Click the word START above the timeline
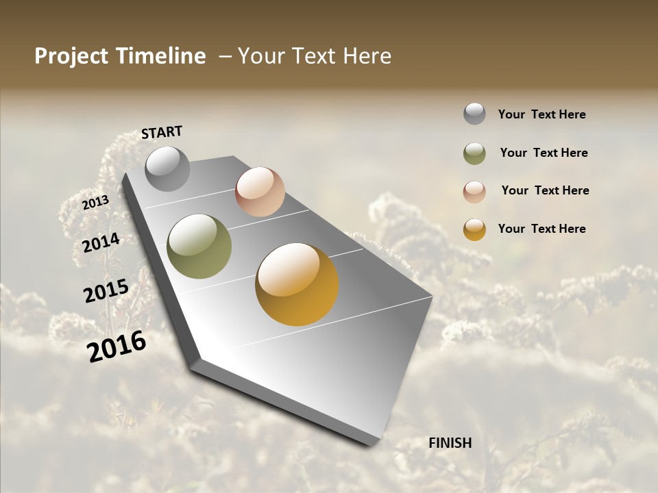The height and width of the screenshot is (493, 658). [162, 132]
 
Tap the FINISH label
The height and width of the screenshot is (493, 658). [450, 443]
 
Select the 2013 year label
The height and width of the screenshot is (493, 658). [95, 202]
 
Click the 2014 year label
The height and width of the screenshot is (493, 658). [101, 242]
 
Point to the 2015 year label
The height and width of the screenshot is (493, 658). [106, 291]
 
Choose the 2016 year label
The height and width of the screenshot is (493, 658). [117, 346]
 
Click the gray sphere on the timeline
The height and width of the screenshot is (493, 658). [167, 168]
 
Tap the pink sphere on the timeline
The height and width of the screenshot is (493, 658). [260, 192]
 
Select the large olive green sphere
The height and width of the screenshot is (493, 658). [199, 246]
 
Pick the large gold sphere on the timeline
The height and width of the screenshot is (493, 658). [297, 284]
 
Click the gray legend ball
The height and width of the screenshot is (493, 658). [474, 114]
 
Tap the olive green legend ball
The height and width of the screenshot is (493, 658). [474, 153]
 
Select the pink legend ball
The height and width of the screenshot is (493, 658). [474, 192]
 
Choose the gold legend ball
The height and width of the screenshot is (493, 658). [474, 229]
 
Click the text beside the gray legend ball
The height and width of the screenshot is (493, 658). [541, 114]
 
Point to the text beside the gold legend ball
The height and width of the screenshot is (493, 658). [541, 229]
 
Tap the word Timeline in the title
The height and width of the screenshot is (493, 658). [160, 56]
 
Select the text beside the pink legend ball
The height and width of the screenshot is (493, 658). [545, 190]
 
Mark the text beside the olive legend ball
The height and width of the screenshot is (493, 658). [544, 153]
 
